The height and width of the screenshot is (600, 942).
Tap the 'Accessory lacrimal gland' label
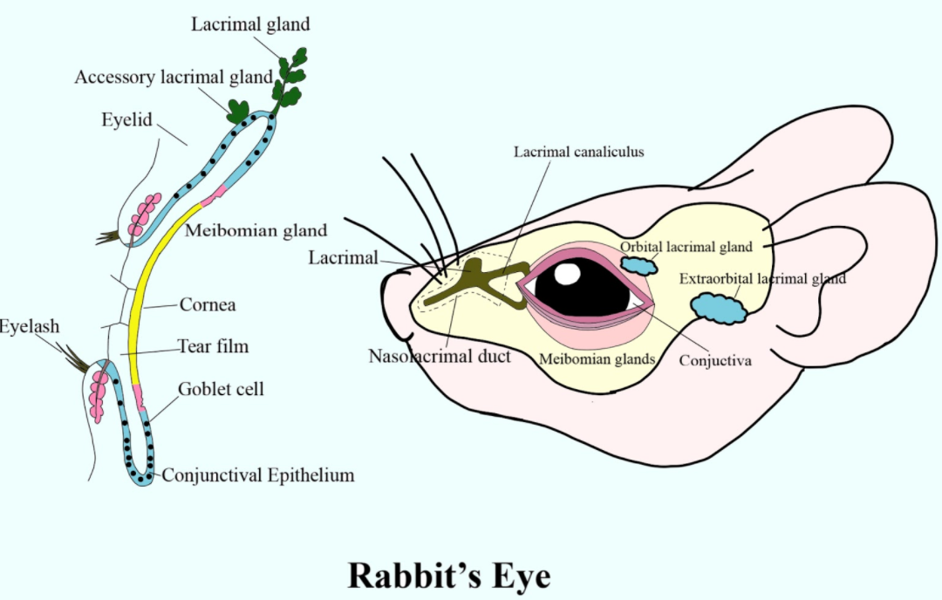[174, 78]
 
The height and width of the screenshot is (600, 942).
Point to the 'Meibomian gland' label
[256, 231]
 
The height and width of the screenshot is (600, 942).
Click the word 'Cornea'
[208, 306]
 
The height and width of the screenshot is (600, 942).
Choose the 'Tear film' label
[213, 347]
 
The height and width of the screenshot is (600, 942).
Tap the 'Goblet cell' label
[221, 389]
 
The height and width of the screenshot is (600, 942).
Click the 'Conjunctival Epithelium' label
[258, 475]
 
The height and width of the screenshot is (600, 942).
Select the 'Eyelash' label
[30, 328]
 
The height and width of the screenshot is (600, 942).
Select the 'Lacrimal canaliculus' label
[578, 152]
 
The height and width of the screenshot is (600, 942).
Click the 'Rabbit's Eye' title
[450, 576]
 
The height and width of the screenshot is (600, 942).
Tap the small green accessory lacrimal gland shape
[237, 112]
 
